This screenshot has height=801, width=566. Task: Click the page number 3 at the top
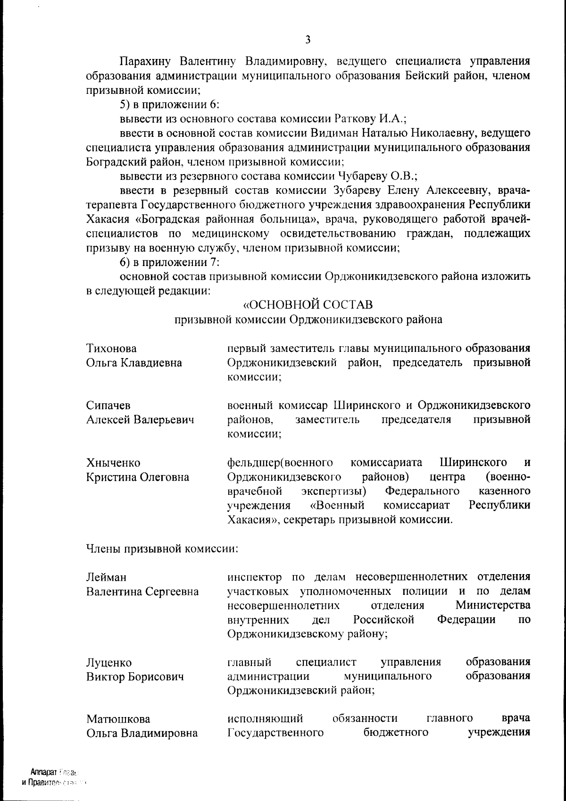[x=308, y=40]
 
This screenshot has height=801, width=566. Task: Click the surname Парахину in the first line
[x=146, y=61]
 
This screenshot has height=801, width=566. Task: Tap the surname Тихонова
[x=112, y=349]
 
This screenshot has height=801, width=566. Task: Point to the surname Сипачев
[x=108, y=405]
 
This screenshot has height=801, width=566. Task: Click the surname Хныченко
[x=113, y=463]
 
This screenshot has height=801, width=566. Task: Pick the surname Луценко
[x=109, y=663]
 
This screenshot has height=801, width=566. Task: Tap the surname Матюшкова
[x=118, y=719]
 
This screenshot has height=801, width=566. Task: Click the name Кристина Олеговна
[x=138, y=477]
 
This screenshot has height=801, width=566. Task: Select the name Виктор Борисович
[x=134, y=677]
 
